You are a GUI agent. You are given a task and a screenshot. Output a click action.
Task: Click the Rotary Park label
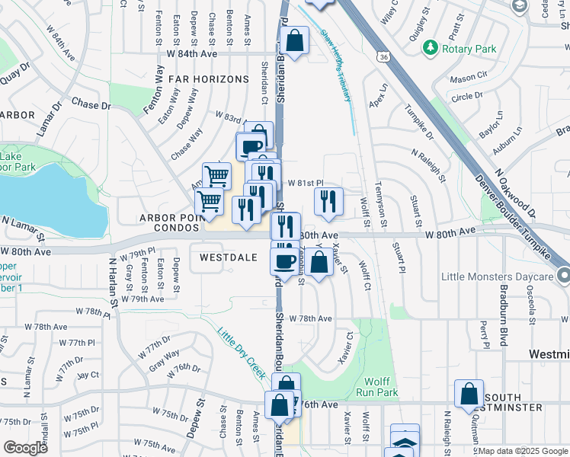click(469, 50)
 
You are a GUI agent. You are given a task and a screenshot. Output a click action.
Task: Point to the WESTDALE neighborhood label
click(228, 257)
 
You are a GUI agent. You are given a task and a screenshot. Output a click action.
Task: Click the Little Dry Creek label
click(239, 352)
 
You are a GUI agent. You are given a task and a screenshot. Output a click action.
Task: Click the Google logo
click(25, 448)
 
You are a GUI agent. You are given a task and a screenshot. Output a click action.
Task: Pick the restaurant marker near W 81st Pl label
click(328, 200)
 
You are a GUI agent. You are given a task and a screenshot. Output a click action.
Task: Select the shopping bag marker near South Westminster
click(469, 393)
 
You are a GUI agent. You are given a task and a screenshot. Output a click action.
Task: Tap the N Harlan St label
click(113, 283)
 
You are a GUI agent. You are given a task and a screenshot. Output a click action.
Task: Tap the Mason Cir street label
click(468, 77)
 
